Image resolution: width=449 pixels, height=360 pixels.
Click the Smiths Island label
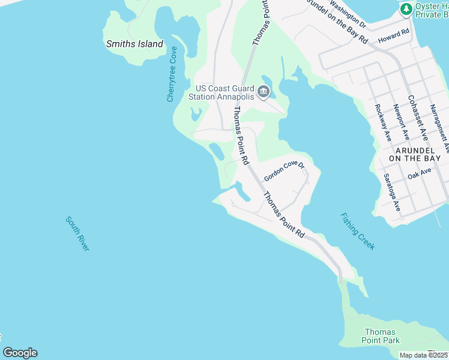click(134, 44)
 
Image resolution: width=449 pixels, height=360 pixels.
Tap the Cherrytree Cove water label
click(172, 74)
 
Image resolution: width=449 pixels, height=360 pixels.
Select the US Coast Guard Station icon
click(263, 92)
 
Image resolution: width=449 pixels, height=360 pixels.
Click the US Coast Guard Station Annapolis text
click(221, 91)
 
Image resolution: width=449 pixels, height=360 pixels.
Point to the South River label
click(77, 233)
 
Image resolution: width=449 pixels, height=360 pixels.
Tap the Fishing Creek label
click(357, 231)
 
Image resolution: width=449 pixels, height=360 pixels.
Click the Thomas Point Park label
click(381, 336)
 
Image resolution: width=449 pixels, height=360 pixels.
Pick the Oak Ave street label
click(420, 172)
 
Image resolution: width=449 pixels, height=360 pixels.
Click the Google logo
click(20, 353)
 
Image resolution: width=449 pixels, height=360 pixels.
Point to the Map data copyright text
click(424, 355)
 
